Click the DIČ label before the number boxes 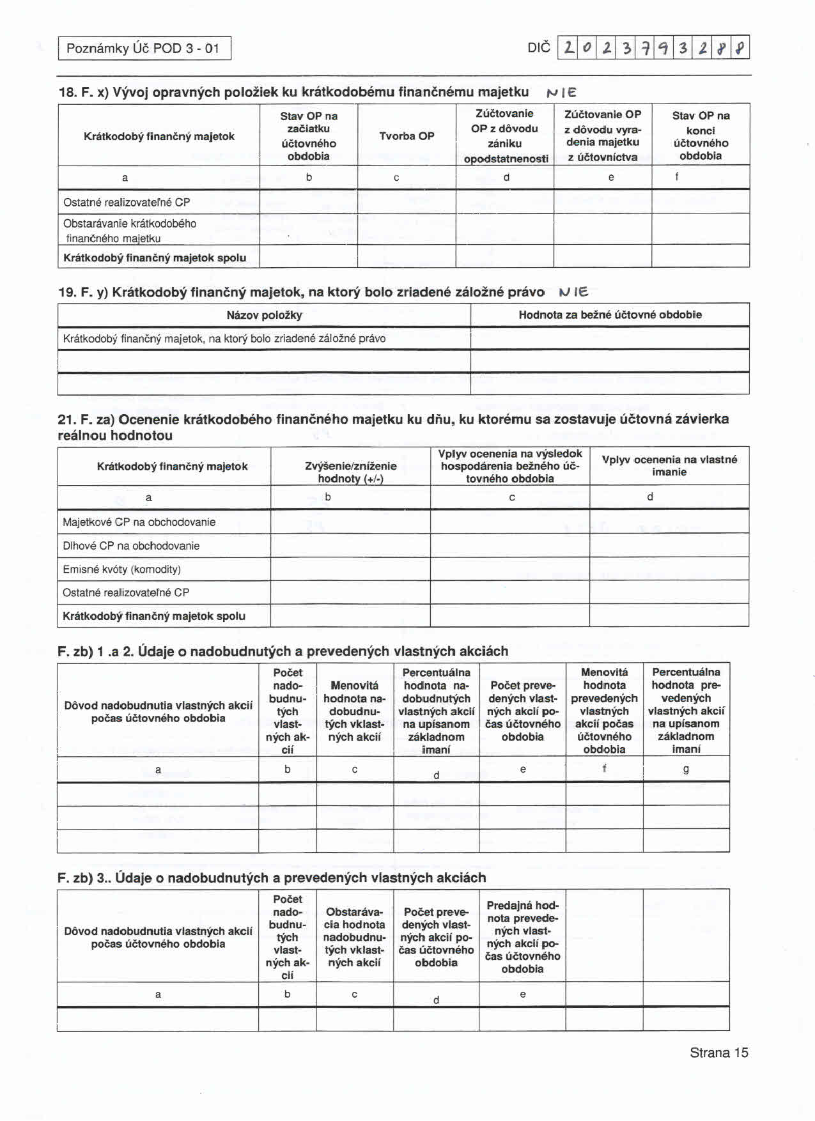(x=538, y=48)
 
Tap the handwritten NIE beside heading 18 (x=562, y=93)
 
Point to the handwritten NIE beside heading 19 (x=573, y=293)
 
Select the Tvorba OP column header (x=407, y=136)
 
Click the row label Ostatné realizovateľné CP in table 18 (x=127, y=203)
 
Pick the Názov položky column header (x=264, y=315)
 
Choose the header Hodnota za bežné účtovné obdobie (x=610, y=315)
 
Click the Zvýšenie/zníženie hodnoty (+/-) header (x=350, y=472)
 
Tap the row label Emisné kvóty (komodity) (x=121, y=569)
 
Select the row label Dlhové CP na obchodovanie (x=131, y=546)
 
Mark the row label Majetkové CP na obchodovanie (x=139, y=522)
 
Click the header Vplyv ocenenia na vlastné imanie (x=669, y=466)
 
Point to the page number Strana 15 (x=718, y=1053)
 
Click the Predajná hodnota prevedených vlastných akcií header (x=522, y=937)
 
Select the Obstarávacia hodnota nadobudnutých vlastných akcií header (x=354, y=937)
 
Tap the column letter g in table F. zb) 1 (x=686, y=769)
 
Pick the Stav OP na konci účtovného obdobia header (x=701, y=136)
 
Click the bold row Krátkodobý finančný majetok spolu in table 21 (x=153, y=616)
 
